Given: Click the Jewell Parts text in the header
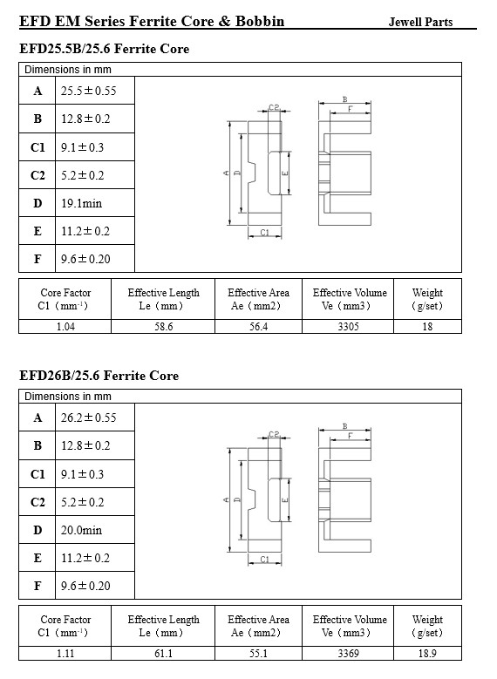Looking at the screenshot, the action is coord(420,22).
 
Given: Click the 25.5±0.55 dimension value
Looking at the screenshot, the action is coord(88,91).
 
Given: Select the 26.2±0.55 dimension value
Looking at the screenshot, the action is coord(88,418).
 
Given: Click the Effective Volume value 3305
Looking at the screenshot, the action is coord(349,327).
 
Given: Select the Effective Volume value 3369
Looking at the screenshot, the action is coord(349,654).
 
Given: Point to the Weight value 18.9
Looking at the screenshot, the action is coord(427,654).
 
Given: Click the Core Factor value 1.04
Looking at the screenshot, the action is coord(65,327).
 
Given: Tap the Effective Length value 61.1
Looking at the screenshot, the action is coord(163,654).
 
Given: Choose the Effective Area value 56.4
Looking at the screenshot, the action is coord(258,327).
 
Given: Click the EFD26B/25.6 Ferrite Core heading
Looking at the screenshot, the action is coord(99,376).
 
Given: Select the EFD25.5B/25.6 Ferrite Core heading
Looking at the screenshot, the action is coord(104,49).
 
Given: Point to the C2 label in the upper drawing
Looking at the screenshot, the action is coord(274,106).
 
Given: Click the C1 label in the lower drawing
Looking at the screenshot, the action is coord(264,560).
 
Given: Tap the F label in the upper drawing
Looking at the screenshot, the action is coord(351,109).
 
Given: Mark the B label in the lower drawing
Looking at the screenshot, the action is coord(345,426).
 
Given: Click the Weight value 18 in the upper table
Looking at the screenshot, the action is coord(427,327).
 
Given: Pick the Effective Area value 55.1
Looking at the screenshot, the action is coord(258,654).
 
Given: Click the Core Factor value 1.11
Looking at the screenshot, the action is coord(65,654).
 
